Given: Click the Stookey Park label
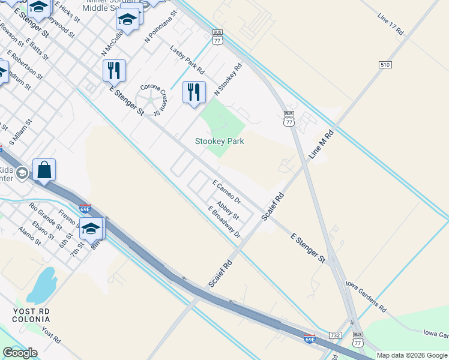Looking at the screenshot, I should coord(219,142).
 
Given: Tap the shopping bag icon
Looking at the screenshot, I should coord(44,169).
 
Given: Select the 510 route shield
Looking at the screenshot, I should coord(385,64).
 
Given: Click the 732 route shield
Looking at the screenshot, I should coord(336,335).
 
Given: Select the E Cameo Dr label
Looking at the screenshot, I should coord(226,191).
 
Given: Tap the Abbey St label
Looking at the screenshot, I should coord(228,210).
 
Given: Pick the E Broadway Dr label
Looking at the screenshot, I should coord(224,221).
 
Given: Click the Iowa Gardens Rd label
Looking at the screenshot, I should coord(365,295).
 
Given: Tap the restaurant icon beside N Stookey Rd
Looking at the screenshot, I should coord(194,92).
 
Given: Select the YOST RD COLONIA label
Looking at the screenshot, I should coord(32,315).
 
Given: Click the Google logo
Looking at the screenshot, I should coord(20,353).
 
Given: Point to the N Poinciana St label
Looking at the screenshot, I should coord(161,26).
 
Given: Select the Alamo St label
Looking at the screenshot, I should coord(29,236).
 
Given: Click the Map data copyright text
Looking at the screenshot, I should coord(411,355).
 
